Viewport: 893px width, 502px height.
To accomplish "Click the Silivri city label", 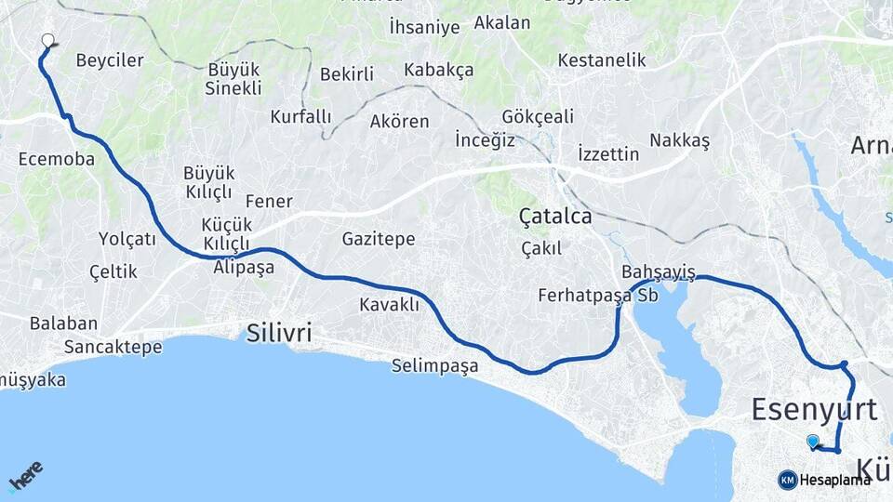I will pyautogui.click(x=279, y=334).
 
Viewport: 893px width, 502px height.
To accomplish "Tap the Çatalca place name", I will pyautogui.click(x=555, y=217).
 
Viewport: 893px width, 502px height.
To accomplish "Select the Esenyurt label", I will pyautogui.click(x=814, y=409).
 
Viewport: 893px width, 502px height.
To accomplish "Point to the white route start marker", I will pyautogui.click(x=48, y=40).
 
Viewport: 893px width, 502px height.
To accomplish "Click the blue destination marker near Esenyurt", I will pyautogui.click(x=813, y=442).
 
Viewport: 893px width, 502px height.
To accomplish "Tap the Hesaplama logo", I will pyautogui.click(x=825, y=480).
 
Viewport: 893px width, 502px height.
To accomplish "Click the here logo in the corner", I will pyautogui.click(x=25, y=476).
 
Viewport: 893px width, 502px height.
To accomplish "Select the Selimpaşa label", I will pyautogui.click(x=435, y=365).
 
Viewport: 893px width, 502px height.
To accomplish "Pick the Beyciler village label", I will pyautogui.click(x=110, y=60).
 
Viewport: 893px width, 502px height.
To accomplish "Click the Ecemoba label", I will pyautogui.click(x=57, y=159).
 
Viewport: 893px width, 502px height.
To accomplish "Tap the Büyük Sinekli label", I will pyautogui.click(x=234, y=79).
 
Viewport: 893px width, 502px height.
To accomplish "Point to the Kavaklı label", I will pyautogui.click(x=390, y=304).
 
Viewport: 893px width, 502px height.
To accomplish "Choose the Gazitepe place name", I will pyautogui.click(x=379, y=239).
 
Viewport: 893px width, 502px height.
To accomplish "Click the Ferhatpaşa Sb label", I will pyautogui.click(x=598, y=296).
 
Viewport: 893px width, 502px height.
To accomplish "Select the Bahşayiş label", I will pyautogui.click(x=659, y=272).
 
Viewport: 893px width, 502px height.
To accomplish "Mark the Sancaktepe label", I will pyautogui.click(x=113, y=347).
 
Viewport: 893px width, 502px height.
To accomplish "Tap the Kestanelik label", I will pyautogui.click(x=602, y=59).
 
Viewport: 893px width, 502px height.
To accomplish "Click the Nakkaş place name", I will pyautogui.click(x=679, y=140).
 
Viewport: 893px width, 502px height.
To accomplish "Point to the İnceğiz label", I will pyautogui.click(x=486, y=140).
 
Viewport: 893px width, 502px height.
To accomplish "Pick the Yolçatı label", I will pyautogui.click(x=127, y=239).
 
